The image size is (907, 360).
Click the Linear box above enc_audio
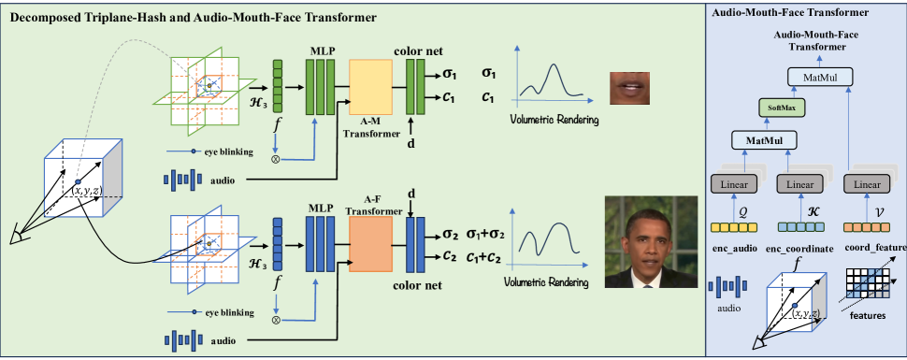[735, 184]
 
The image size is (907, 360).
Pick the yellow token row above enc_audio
[735, 226]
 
